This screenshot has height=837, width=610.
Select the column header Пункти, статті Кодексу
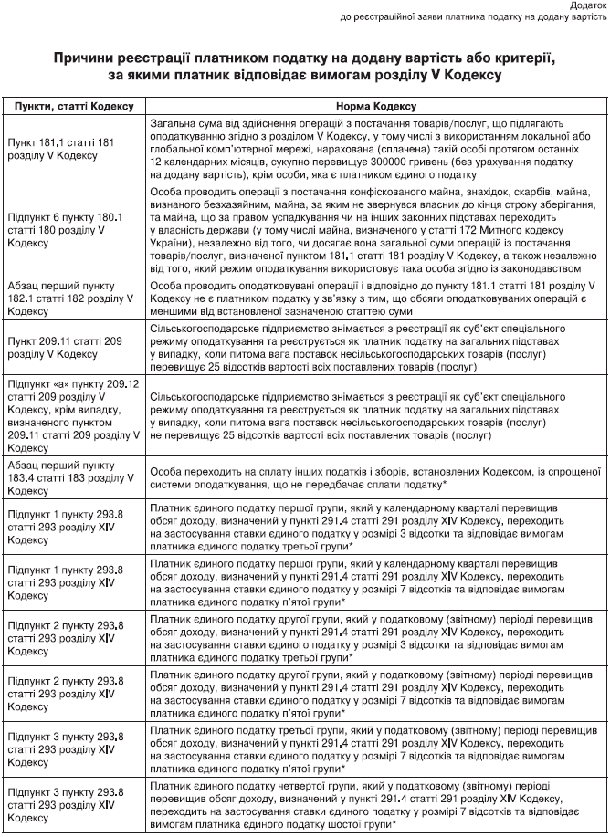pyautogui.click(x=74, y=106)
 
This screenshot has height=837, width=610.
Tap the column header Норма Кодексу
pyautogui.click(x=375, y=106)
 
